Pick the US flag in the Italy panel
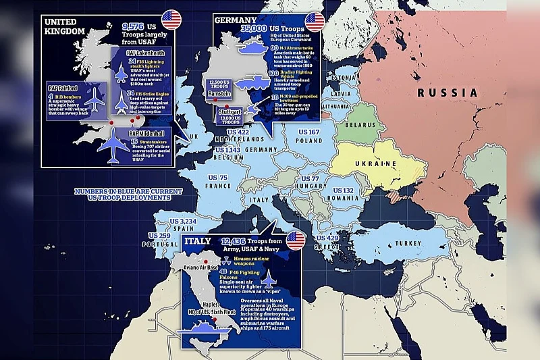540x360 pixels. [295, 240]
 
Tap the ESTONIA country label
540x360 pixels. [342, 76]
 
